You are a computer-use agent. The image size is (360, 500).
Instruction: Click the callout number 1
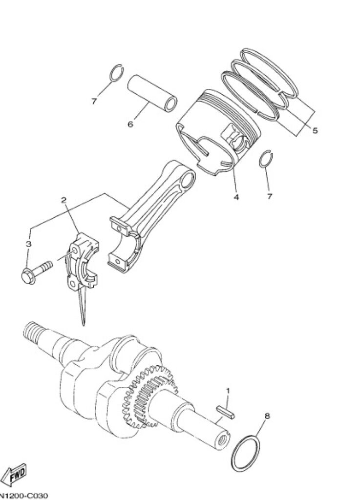tap(228, 391)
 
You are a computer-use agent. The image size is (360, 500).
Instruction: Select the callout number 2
tap(64, 200)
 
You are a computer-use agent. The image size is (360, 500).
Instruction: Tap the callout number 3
tap(29, 244)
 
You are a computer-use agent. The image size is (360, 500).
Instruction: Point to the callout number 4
tap(236, 197)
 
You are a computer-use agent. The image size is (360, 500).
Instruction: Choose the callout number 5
tap(315, 130)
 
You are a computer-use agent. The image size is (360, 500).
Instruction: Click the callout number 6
tap(130, 124)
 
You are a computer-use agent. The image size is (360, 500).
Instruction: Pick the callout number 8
tap(267, 416)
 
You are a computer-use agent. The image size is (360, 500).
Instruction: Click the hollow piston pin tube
tap(153, 93)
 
